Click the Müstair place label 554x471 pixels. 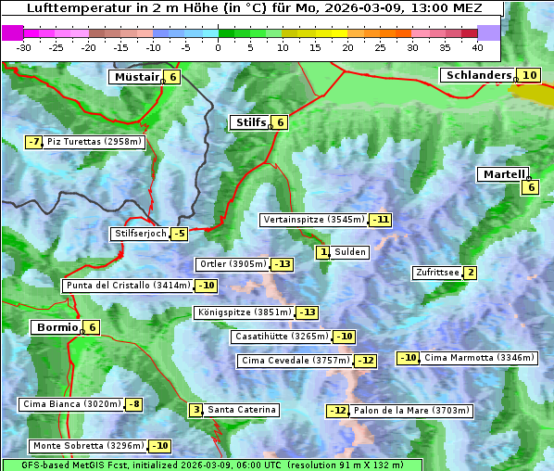click(x=136, y=77)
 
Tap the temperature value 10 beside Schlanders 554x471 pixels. click(x=529, y=75)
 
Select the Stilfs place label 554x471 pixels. click(x=249, y=122)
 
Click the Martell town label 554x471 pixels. click(x=503, y=174)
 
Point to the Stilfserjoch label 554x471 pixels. click(x=140, y=234)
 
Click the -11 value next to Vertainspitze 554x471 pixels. click(x=380, y=220)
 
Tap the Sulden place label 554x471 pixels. click(x=350, y=252)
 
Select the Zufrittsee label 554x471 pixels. click(x=437, y=273)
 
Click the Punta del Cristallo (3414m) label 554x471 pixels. click(x=128, y=286)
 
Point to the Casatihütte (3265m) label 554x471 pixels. click(x=281, y=337)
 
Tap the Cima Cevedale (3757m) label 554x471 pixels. click(x=295, y=361)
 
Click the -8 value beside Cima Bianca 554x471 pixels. click(x=134, y=404)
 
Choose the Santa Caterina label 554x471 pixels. click(x=241, y=410)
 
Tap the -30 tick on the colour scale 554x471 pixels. click(x=24, y=47)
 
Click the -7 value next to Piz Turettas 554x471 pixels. click(x=34, y=142)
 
